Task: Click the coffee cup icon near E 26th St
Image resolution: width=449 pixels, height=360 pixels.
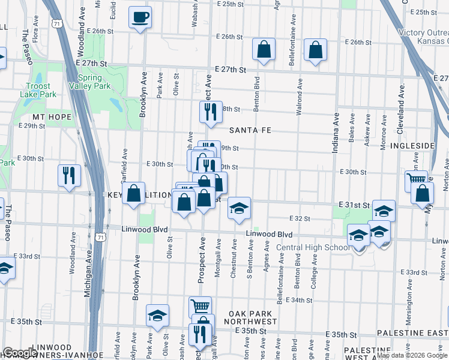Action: [x=140, y=17]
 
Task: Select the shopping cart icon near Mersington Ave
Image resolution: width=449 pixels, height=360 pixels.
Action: [x=416, y=180]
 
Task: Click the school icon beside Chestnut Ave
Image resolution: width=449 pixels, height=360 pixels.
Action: [x=239, y=208]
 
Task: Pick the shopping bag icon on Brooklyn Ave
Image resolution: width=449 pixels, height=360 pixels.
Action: [x=135, y=193]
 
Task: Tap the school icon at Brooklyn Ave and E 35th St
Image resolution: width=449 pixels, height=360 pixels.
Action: [x=157, y=315]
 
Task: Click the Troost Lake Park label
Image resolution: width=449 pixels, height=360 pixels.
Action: [x=41, y=90]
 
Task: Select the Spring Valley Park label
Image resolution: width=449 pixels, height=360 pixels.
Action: [x=94, y=82]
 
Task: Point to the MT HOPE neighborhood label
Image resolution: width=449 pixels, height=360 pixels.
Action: [x=52, y=117]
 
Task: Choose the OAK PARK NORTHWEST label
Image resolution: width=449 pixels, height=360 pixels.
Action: [x=253, y=318]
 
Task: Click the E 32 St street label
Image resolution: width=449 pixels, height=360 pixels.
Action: [x=298, y=219]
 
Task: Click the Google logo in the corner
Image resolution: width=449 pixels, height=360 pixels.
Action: [x=20, y=353]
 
